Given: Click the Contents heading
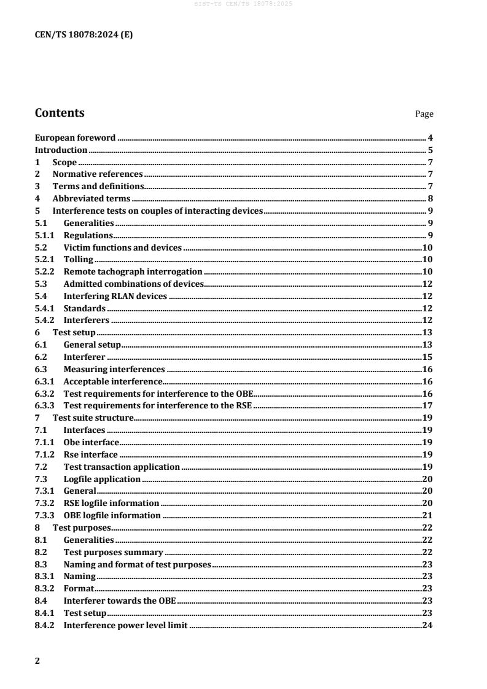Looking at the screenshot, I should (60, 113).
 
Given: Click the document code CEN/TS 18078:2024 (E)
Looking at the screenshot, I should (84, 35).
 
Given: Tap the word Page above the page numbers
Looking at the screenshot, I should (424, 114).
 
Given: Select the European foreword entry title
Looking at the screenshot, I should (75, 138).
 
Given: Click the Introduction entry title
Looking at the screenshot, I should (61, 150).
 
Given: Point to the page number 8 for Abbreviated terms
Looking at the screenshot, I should (431, 198).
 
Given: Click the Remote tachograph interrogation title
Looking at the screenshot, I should (133, 271).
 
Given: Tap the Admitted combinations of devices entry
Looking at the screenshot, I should (133, 284).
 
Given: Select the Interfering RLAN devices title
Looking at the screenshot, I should (115, 296).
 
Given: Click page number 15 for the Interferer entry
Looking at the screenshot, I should (428, 357).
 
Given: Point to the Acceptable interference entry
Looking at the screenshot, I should (112, 381).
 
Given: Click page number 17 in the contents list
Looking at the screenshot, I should (428, 405).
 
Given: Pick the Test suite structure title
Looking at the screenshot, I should (93, 418).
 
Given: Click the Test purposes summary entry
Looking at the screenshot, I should (113, 552).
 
